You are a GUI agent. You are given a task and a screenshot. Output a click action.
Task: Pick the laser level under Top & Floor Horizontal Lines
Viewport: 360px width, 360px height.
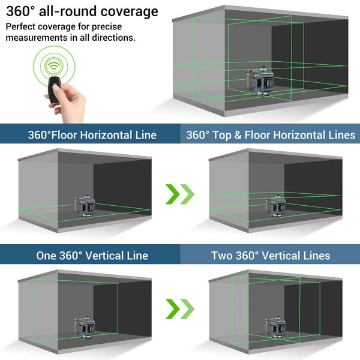275,206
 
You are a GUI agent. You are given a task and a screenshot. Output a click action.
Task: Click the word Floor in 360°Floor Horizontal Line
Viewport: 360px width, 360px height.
75,135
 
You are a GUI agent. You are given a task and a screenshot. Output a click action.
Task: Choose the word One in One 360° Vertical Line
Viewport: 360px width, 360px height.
47,256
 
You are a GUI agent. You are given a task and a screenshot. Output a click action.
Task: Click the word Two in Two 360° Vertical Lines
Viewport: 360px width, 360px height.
222,256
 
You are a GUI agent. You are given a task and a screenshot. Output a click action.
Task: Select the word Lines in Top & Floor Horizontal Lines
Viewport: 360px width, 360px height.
340,135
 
